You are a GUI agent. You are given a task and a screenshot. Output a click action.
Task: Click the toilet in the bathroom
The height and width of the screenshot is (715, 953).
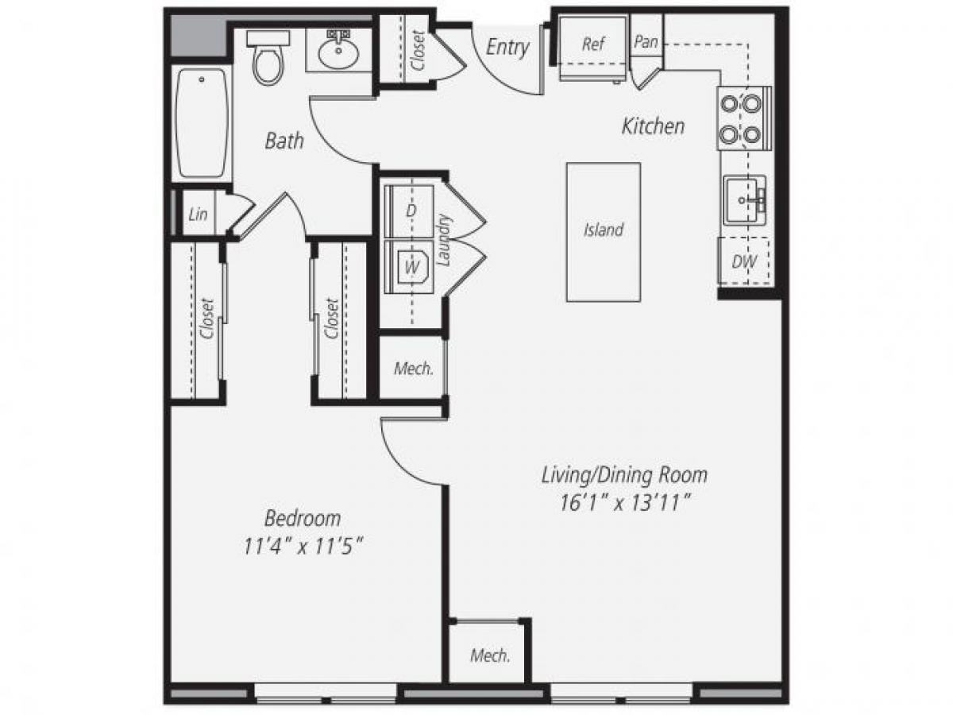[268, 59]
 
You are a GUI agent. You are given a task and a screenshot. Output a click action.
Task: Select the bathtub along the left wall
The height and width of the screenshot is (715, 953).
[202, 123]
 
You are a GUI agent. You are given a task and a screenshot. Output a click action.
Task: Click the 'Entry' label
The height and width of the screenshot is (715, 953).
[507, 47]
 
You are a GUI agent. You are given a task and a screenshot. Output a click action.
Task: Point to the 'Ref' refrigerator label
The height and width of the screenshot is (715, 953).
[593, 44]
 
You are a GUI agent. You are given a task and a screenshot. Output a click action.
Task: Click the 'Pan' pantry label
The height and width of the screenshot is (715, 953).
[646, 42]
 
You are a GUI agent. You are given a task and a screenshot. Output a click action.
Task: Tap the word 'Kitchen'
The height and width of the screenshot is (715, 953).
[653, 126]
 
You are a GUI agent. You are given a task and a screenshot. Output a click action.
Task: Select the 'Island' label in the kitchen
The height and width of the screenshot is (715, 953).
[604, 230]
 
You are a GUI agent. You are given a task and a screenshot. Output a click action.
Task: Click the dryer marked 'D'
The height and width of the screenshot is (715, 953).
[411, 211]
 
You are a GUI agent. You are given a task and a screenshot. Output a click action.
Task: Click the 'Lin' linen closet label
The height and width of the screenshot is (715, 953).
[198, 214]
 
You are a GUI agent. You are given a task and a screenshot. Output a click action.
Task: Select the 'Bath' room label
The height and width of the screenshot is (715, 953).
[284, 141]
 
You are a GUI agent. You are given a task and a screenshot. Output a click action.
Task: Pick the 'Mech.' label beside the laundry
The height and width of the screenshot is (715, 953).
[414, 369]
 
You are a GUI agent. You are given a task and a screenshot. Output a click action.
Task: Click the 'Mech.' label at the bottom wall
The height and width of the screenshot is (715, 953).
[490, 655]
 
